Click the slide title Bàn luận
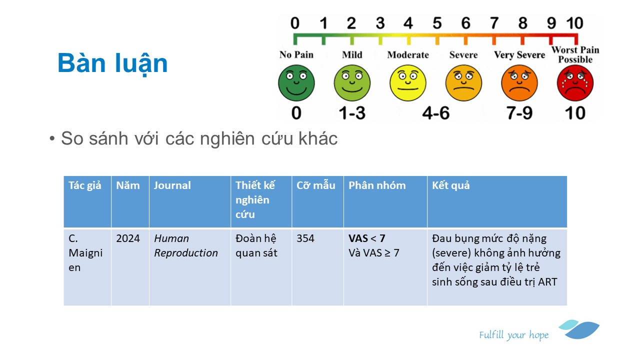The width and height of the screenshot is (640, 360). coord(112,63)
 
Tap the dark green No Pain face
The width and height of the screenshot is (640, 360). coord(296,83)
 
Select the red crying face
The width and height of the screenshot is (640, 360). coord(575,83)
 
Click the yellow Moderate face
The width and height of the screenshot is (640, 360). coord(407,83)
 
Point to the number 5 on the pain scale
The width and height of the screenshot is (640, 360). coord(437,23)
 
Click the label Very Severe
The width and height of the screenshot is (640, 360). coord(519,54)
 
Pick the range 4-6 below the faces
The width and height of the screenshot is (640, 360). coord(435,113)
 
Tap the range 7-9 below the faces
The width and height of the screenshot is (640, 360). coord(519,113)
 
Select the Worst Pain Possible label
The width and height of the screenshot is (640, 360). coord(575,54)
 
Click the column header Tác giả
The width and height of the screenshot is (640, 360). coord(85,185)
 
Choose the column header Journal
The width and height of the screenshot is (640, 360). coord(172,185)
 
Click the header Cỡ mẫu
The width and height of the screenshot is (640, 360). coord(315,185)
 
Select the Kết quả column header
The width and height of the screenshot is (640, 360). coord(450,185)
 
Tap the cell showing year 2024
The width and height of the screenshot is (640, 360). coord(128,238)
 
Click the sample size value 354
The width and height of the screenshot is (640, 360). coord(305,238)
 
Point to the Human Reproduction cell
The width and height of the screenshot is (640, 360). coord(185,245)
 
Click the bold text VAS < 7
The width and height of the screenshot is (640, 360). coord(367,238)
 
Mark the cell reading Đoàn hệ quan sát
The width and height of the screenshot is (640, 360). coord(256,245)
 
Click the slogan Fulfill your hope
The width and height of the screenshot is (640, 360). coord(513,335)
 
